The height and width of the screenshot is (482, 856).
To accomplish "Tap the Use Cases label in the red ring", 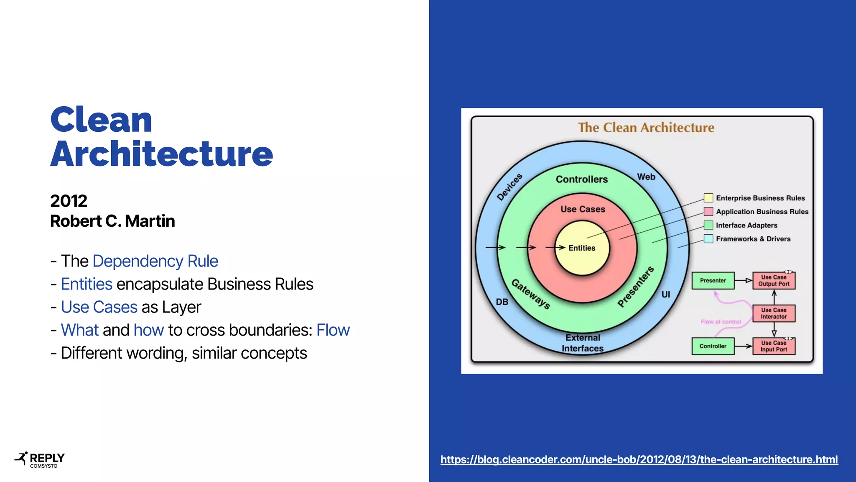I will click(x=583, y=209).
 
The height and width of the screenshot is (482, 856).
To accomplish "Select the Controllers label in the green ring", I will click(x=582, y=179).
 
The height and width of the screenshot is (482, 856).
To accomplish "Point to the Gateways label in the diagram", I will click(x=530, y=294).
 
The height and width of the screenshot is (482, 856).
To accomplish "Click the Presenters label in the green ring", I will click(x=636, y=287).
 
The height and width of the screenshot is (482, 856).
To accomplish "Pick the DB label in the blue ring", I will click(x=502, y=302).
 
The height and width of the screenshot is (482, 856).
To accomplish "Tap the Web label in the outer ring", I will click(x=646, y=177).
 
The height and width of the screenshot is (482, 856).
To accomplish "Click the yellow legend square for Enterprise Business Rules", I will click(x=708, y=198).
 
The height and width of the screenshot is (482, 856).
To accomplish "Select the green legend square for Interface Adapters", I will click(x=708, y=225).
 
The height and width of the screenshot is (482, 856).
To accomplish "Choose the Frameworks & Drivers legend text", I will click(x=753, y=239).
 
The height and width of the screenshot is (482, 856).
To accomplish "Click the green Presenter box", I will click(x=713, y=280).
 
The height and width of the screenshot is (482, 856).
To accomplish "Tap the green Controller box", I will click(x=713, y=346).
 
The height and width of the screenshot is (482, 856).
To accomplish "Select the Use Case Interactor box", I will click(x=774, y=313).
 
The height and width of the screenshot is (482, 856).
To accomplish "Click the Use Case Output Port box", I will click(x=774, y=280).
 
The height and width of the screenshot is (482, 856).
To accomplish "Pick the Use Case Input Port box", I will click(x=774, y=346).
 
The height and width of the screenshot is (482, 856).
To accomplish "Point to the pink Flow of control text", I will click(x=721, y=322).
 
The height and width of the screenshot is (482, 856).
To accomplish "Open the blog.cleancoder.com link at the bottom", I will click(x=639, y=459).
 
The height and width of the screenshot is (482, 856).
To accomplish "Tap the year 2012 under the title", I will click(x=69, y=201).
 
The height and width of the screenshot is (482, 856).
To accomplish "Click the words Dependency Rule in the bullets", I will click(x=155, y=261).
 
